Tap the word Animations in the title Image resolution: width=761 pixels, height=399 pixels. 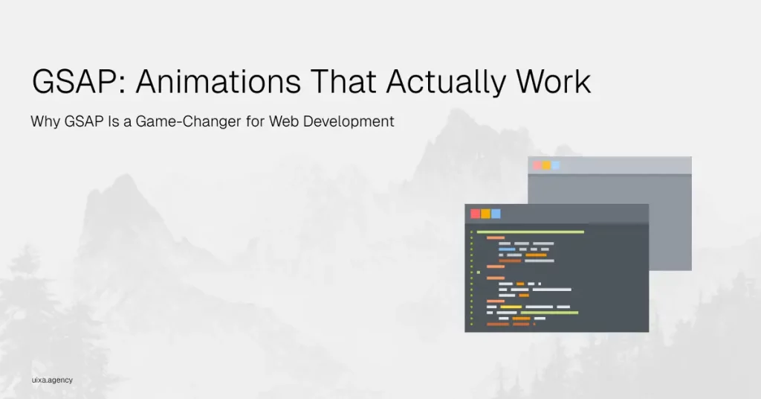(218, 81)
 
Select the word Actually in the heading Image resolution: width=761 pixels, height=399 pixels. (446, 83)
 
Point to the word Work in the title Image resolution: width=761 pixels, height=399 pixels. (553, 81)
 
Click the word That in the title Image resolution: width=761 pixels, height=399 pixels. (343, 81)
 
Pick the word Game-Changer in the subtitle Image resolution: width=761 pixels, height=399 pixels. (188, 121)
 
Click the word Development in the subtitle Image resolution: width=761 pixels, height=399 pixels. (349, 121)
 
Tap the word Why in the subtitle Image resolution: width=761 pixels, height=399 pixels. (45, 121)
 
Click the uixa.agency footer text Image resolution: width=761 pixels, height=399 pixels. (53, 380)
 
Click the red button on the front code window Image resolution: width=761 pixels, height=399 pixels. (476, 214)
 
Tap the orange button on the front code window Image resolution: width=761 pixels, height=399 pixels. (486, 214)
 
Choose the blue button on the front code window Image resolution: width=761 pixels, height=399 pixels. (496, 214)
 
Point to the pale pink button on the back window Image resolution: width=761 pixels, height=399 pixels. (537, 165)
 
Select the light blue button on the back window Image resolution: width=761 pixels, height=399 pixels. (556, 165)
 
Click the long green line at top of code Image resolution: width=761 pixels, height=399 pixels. (531, 232)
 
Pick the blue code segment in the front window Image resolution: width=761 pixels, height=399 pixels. (507, 249)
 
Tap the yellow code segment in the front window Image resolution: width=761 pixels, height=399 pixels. (511, 307)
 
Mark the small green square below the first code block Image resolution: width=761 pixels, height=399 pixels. (479, 272)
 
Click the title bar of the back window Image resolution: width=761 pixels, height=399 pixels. (609, 165)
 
